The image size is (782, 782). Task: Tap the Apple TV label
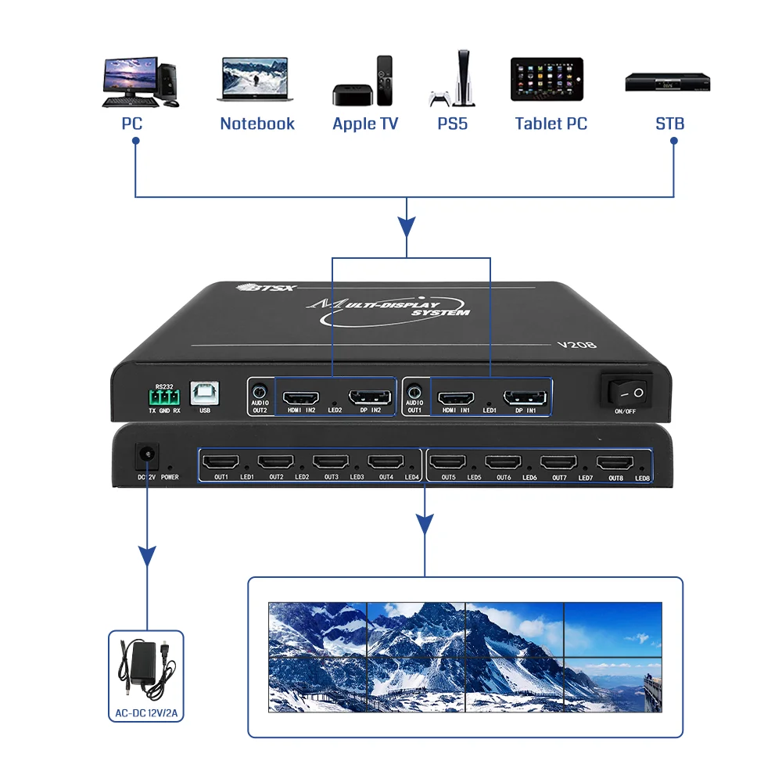click(365, 124)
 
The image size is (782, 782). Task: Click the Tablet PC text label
click(551, 124)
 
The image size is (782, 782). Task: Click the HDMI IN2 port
click(300, 396)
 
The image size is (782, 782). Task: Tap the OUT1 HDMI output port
click(221, 462)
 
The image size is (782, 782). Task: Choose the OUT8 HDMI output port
click(615, 463)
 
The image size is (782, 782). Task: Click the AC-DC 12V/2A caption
click(145, 712)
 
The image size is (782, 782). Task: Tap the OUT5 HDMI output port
click(448, 462)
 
